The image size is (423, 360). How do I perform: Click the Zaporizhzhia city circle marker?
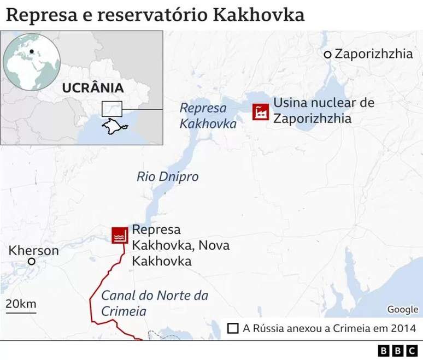point(327,54)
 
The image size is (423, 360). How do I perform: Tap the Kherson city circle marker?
point(32,262)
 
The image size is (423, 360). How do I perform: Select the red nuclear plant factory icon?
point(260,111)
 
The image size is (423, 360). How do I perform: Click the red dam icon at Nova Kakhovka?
point(119,235)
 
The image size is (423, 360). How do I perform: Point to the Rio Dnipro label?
point(167,176)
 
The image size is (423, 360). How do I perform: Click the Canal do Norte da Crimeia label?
point(155,303)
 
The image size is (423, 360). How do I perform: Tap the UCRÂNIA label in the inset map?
point(92,88)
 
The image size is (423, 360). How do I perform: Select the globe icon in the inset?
point(31,62)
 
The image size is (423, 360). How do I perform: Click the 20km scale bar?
point(21,313)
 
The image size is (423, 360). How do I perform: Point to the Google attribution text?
point(402,309)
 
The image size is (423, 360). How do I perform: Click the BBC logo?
point(397,350)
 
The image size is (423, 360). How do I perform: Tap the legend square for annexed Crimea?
point(232,328)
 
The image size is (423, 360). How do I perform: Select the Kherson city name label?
point(33,250)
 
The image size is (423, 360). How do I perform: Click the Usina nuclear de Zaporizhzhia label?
point(324,110)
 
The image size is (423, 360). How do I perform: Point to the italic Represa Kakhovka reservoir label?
point(208,116)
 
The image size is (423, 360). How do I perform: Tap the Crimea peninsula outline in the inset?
point(114,128)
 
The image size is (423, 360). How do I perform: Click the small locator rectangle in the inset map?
point(112,108)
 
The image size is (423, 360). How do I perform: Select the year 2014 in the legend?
point(404,328)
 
